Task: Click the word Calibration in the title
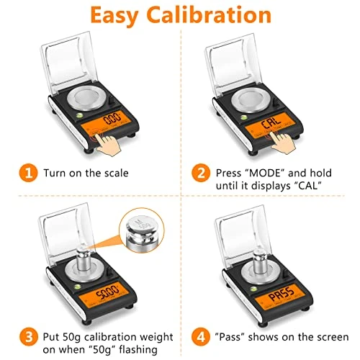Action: [209, 15]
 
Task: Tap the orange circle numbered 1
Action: [28, 173]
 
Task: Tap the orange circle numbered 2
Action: [201, 173]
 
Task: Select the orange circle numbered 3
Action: [29, 337]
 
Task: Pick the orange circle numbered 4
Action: [201, 337]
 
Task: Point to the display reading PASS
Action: [280, 296]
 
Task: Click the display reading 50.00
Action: [106, 294]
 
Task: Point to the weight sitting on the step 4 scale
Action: [260, 261]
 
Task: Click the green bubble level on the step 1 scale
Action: [80, 116]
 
